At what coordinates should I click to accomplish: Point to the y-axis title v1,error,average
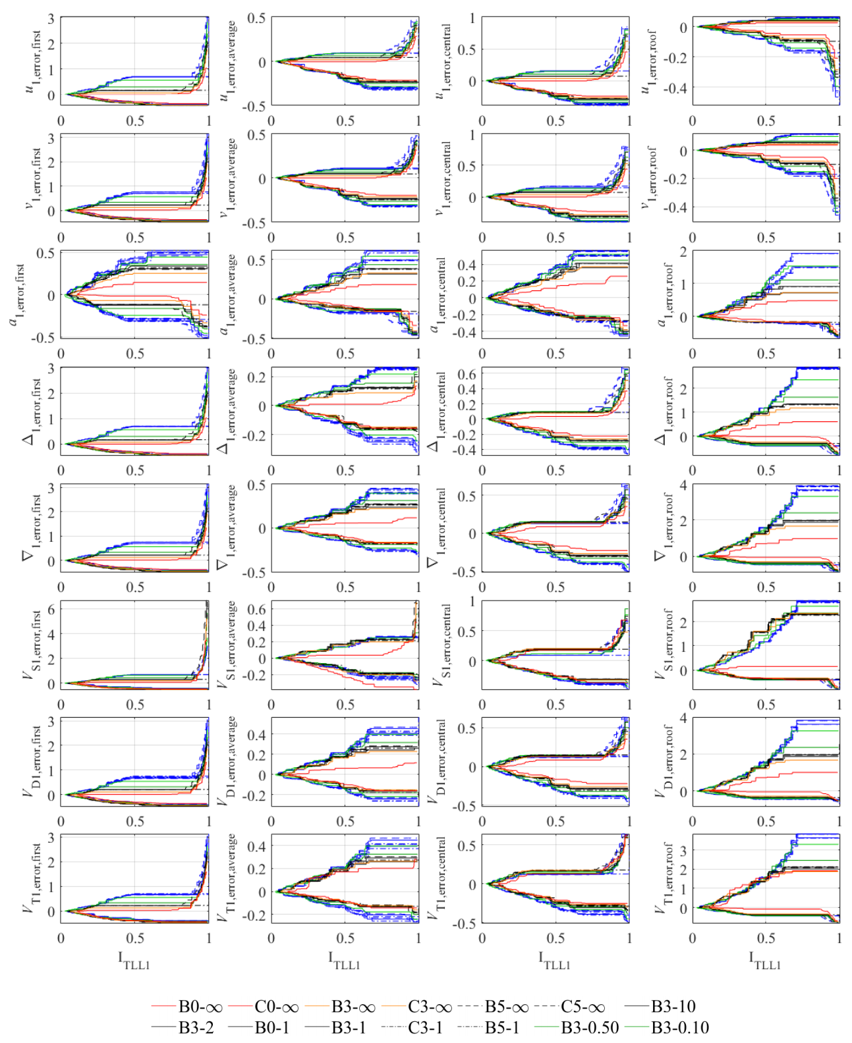[x=228, y=178]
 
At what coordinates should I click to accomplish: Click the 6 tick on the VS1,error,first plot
[x=51, y=610]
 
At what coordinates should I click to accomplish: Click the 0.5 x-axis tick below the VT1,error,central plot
[x=555, y=938]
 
